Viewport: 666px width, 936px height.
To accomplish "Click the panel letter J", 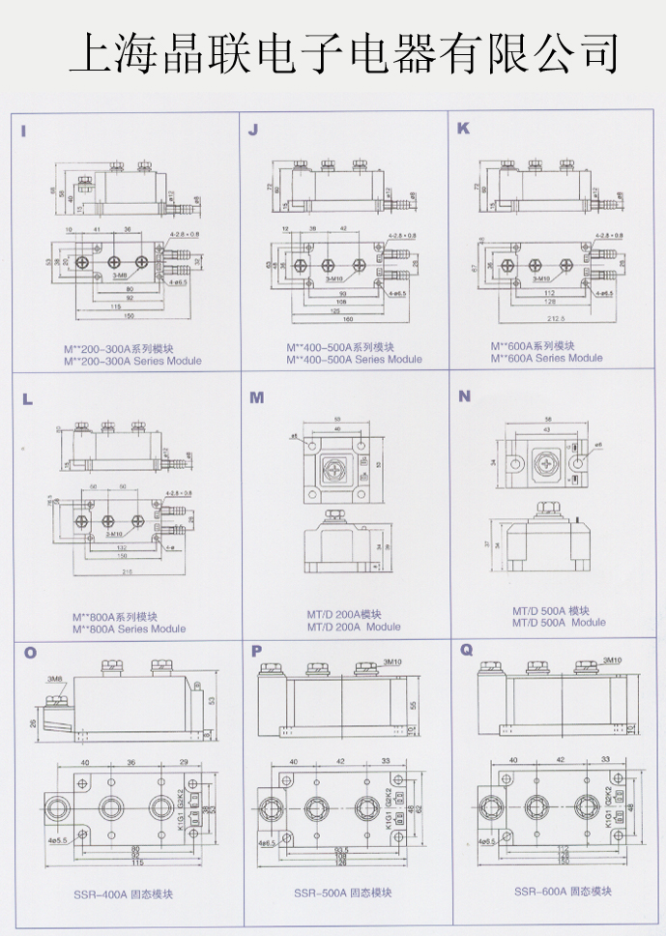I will pyautogui.click(x=253, y=130).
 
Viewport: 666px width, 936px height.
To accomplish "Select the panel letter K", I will pyautogui.click(x=463, y=128).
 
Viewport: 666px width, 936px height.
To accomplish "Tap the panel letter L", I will pyautogui.click(x=26, y=397).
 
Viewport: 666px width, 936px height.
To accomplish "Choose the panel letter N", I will pyautogui.click(x=465, y=395).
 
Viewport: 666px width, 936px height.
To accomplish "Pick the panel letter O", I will pyautogui.click(x=30, y=653).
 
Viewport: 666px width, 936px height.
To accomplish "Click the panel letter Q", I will pyautogui.click(x=467, y=650).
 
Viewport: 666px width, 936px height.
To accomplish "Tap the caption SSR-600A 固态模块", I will pyautogui.click(x=563, y=891).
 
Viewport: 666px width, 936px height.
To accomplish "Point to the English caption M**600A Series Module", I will pyautogui.click(x=546, y=358).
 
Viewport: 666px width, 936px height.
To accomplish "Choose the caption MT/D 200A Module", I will pyautogui.click(x=354, y=627).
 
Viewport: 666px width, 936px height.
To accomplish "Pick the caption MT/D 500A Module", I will pyautogui.click(x=559, y=622).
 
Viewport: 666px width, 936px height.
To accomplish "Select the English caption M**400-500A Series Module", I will pyautogui.click(x=354, y=360).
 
